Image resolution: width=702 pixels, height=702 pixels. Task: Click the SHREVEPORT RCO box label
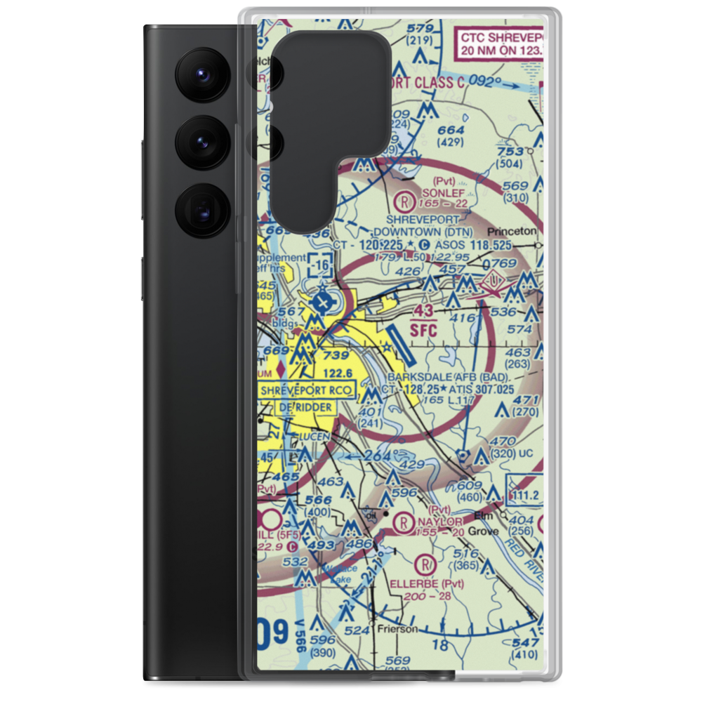307,390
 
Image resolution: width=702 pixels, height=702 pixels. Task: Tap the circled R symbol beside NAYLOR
404,522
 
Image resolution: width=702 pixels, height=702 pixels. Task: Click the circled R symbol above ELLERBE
424,564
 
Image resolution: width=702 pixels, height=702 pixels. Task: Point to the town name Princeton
515,230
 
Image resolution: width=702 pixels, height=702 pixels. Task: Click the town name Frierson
397,628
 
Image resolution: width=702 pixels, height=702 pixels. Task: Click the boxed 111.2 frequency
525,496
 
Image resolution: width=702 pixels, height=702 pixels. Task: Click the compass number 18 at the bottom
440,644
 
